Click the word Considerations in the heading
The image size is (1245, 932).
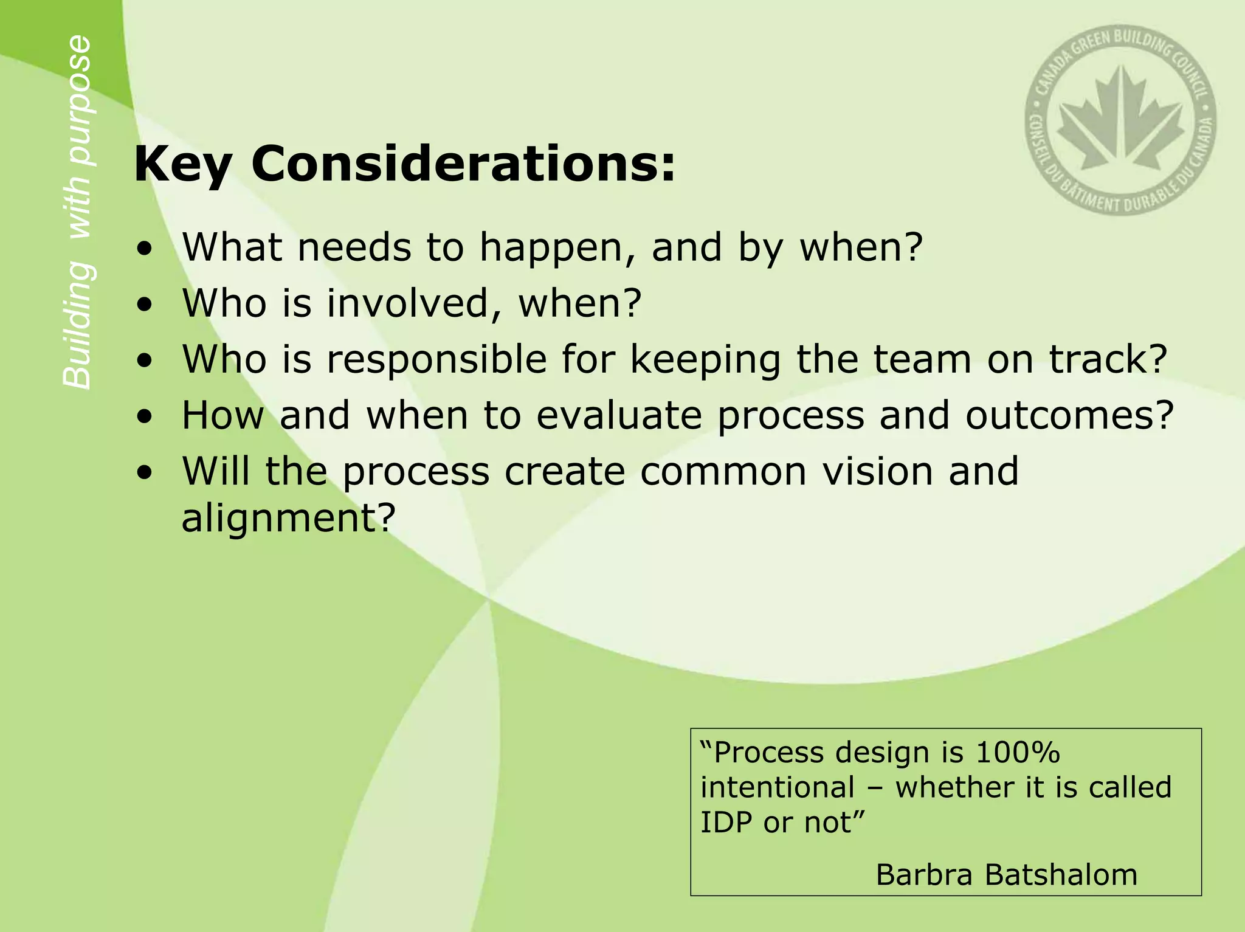(463, 164)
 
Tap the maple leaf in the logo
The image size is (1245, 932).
(1120, 122)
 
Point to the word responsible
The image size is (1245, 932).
(436, 360)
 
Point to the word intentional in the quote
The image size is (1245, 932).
(778, 787)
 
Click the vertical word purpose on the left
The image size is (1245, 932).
(78, 100)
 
